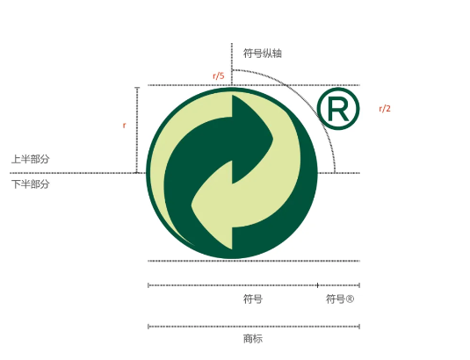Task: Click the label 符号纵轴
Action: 263,54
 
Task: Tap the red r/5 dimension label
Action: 219,76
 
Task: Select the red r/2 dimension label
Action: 385,108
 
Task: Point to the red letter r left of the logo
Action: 124,126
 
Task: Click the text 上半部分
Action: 30,159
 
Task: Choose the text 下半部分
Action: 30,184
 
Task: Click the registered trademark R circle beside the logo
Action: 338,109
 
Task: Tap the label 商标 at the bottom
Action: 253,339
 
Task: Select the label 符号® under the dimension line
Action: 340,299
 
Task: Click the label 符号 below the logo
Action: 253,299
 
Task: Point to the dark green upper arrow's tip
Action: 272,139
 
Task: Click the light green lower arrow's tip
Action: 192,205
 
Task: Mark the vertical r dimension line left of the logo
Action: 137,130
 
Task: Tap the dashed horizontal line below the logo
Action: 254,261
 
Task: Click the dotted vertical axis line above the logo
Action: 232,64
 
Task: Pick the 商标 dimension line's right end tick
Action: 359,327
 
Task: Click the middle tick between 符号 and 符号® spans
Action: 317,285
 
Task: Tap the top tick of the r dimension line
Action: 137,88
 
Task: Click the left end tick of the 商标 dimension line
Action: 148,327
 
